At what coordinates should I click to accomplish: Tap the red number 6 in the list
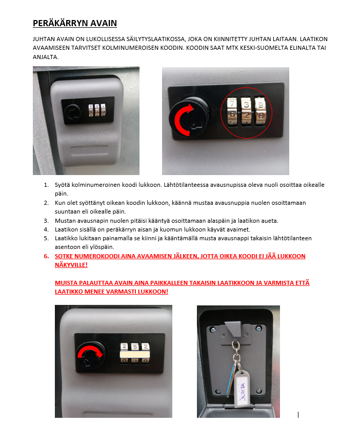(x=46, y=256)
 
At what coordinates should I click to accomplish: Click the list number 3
(x=46, y=221)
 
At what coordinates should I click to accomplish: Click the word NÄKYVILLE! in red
(x=71, y=264)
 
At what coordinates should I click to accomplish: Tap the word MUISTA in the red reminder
(x=66, y=283)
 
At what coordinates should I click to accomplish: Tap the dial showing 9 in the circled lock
(x=261, y=111)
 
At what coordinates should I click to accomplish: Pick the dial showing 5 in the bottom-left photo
(x=135, y=346)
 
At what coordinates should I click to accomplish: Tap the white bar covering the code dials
(x=135, y=355)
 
